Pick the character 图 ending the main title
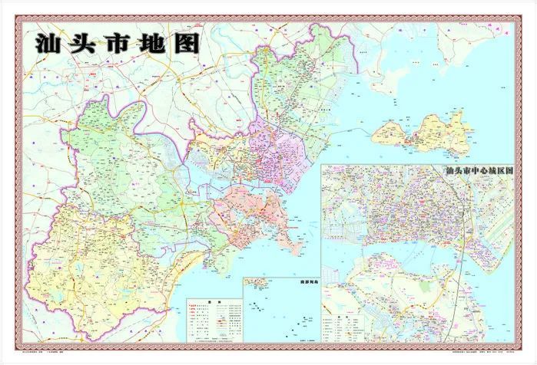[187, 43]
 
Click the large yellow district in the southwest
[92, 245]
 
